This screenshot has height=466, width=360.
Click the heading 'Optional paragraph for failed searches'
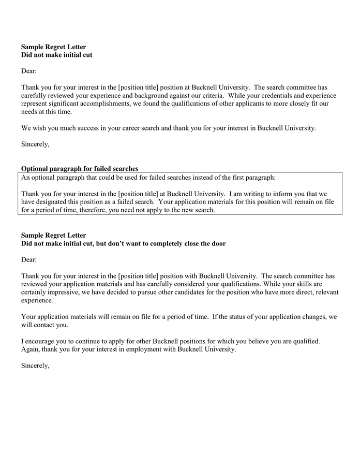[80, 169]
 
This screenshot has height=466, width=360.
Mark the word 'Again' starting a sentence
[30, 349]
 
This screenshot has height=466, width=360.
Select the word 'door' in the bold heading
[218, 243]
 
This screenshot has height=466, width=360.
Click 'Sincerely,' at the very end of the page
[35, 366]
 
